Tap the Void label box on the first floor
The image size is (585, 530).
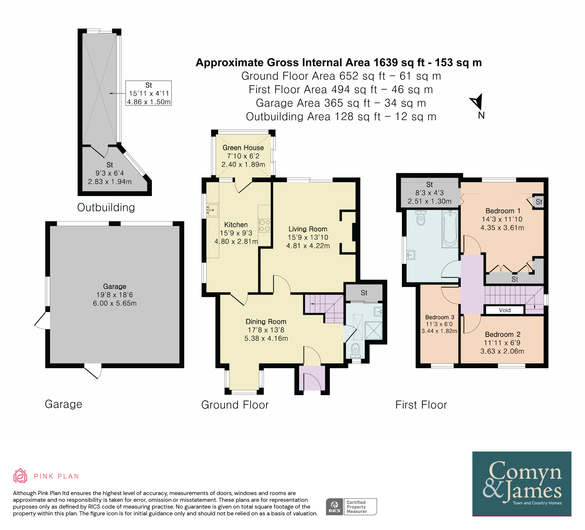[505, 310]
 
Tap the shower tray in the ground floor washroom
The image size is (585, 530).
[374, 330]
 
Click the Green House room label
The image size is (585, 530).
[243, 147]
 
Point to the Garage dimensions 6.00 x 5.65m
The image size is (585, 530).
[115, 303]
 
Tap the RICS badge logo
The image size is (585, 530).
[334, 507]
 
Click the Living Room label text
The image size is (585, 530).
[308, 229]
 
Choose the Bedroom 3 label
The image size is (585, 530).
[440, 317]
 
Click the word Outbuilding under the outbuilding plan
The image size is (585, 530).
[106, 207]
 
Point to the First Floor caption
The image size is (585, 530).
[421, 405]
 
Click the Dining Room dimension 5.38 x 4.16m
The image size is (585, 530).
[266, 338]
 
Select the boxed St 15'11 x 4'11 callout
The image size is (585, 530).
[149, 93]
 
